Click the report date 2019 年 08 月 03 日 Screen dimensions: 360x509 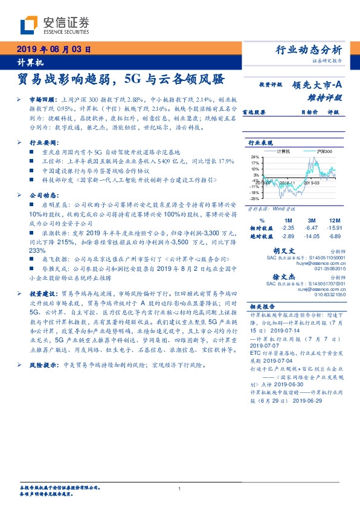coord(46,50)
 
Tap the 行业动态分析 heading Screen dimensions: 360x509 coord(309,50)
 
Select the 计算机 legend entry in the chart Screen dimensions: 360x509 coord(282,151)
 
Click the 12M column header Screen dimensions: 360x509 coord(333,221)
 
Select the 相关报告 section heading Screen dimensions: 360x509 coord(263,306)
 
